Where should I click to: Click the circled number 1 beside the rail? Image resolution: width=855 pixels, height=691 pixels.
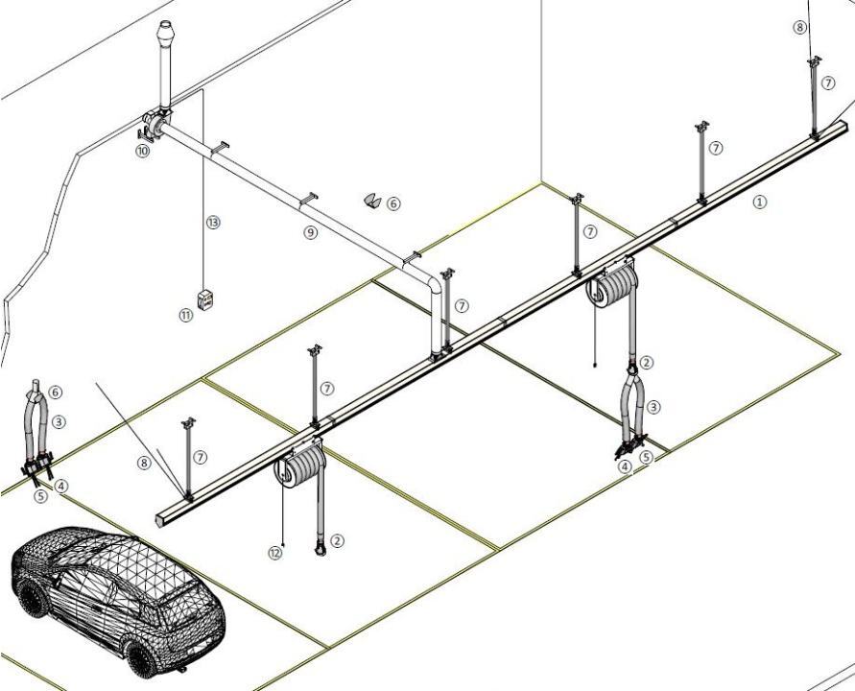point(760,202)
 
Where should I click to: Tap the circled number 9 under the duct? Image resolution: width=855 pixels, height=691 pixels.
point(310,233)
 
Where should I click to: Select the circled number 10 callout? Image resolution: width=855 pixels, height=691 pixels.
point(143,151)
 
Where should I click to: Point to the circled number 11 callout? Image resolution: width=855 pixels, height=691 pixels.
point(186,315)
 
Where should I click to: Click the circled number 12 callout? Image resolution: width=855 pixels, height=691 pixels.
point(275,553)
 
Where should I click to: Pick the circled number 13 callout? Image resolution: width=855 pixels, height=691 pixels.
point(213,223)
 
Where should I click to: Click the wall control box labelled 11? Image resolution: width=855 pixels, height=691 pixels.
point(205,299)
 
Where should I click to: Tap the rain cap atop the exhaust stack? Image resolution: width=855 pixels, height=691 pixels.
point(164,34)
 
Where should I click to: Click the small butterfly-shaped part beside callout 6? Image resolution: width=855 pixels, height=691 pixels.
point(373,201)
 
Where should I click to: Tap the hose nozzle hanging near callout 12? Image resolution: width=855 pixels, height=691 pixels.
point(321,547)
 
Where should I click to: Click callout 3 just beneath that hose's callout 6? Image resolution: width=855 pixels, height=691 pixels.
point(59,421)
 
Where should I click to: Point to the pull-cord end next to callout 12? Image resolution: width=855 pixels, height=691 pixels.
point(284,545)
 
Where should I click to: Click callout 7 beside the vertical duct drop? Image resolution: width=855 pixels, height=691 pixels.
point(462,306)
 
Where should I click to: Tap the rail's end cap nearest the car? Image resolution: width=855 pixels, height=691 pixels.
point(162,519)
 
